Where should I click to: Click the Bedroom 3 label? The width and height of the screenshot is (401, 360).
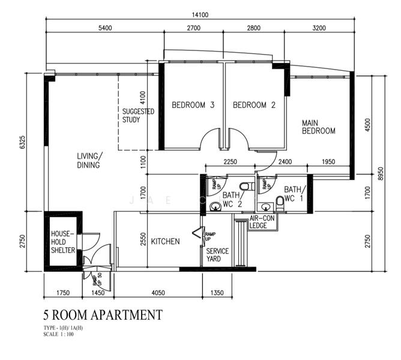point(193,105)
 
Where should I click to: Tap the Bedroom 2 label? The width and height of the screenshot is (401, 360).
point(254,105)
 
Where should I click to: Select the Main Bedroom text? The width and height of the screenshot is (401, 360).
point(318,127)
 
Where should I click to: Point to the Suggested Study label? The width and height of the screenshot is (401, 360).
point(138,115)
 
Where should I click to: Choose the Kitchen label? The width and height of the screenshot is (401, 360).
point(165,241)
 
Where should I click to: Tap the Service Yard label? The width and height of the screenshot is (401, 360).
point(217,255)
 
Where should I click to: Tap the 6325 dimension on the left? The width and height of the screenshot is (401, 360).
point(22,142)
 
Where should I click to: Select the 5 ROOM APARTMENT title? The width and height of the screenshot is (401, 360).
point(103,314)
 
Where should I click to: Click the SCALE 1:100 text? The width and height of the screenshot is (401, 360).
point(59,334)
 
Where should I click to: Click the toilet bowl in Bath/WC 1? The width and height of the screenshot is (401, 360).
point(280,200)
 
